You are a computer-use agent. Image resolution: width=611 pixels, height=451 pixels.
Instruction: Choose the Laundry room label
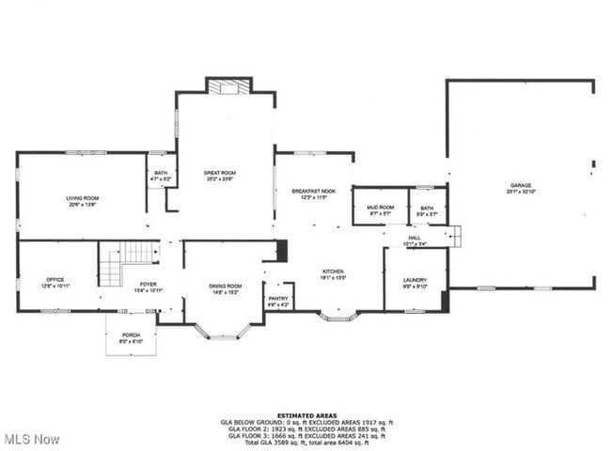[415, 281]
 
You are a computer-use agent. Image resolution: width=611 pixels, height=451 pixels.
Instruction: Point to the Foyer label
[149, 286]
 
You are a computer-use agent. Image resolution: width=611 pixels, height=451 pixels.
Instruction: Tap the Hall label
[414, 241]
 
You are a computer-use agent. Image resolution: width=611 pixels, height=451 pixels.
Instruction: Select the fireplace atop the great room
[227, 87]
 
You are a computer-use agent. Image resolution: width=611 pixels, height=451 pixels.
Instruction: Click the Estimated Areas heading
[306, 414]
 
